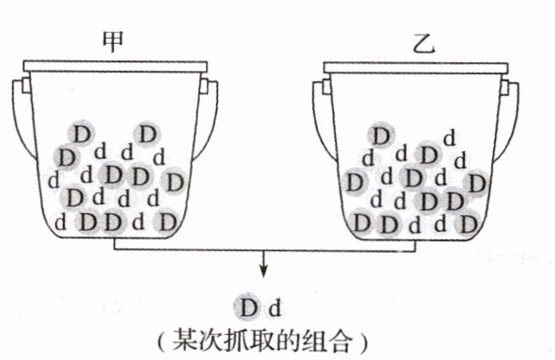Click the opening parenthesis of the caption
164,338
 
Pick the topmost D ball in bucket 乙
379,135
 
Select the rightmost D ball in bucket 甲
174,182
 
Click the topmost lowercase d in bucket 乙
449,137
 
